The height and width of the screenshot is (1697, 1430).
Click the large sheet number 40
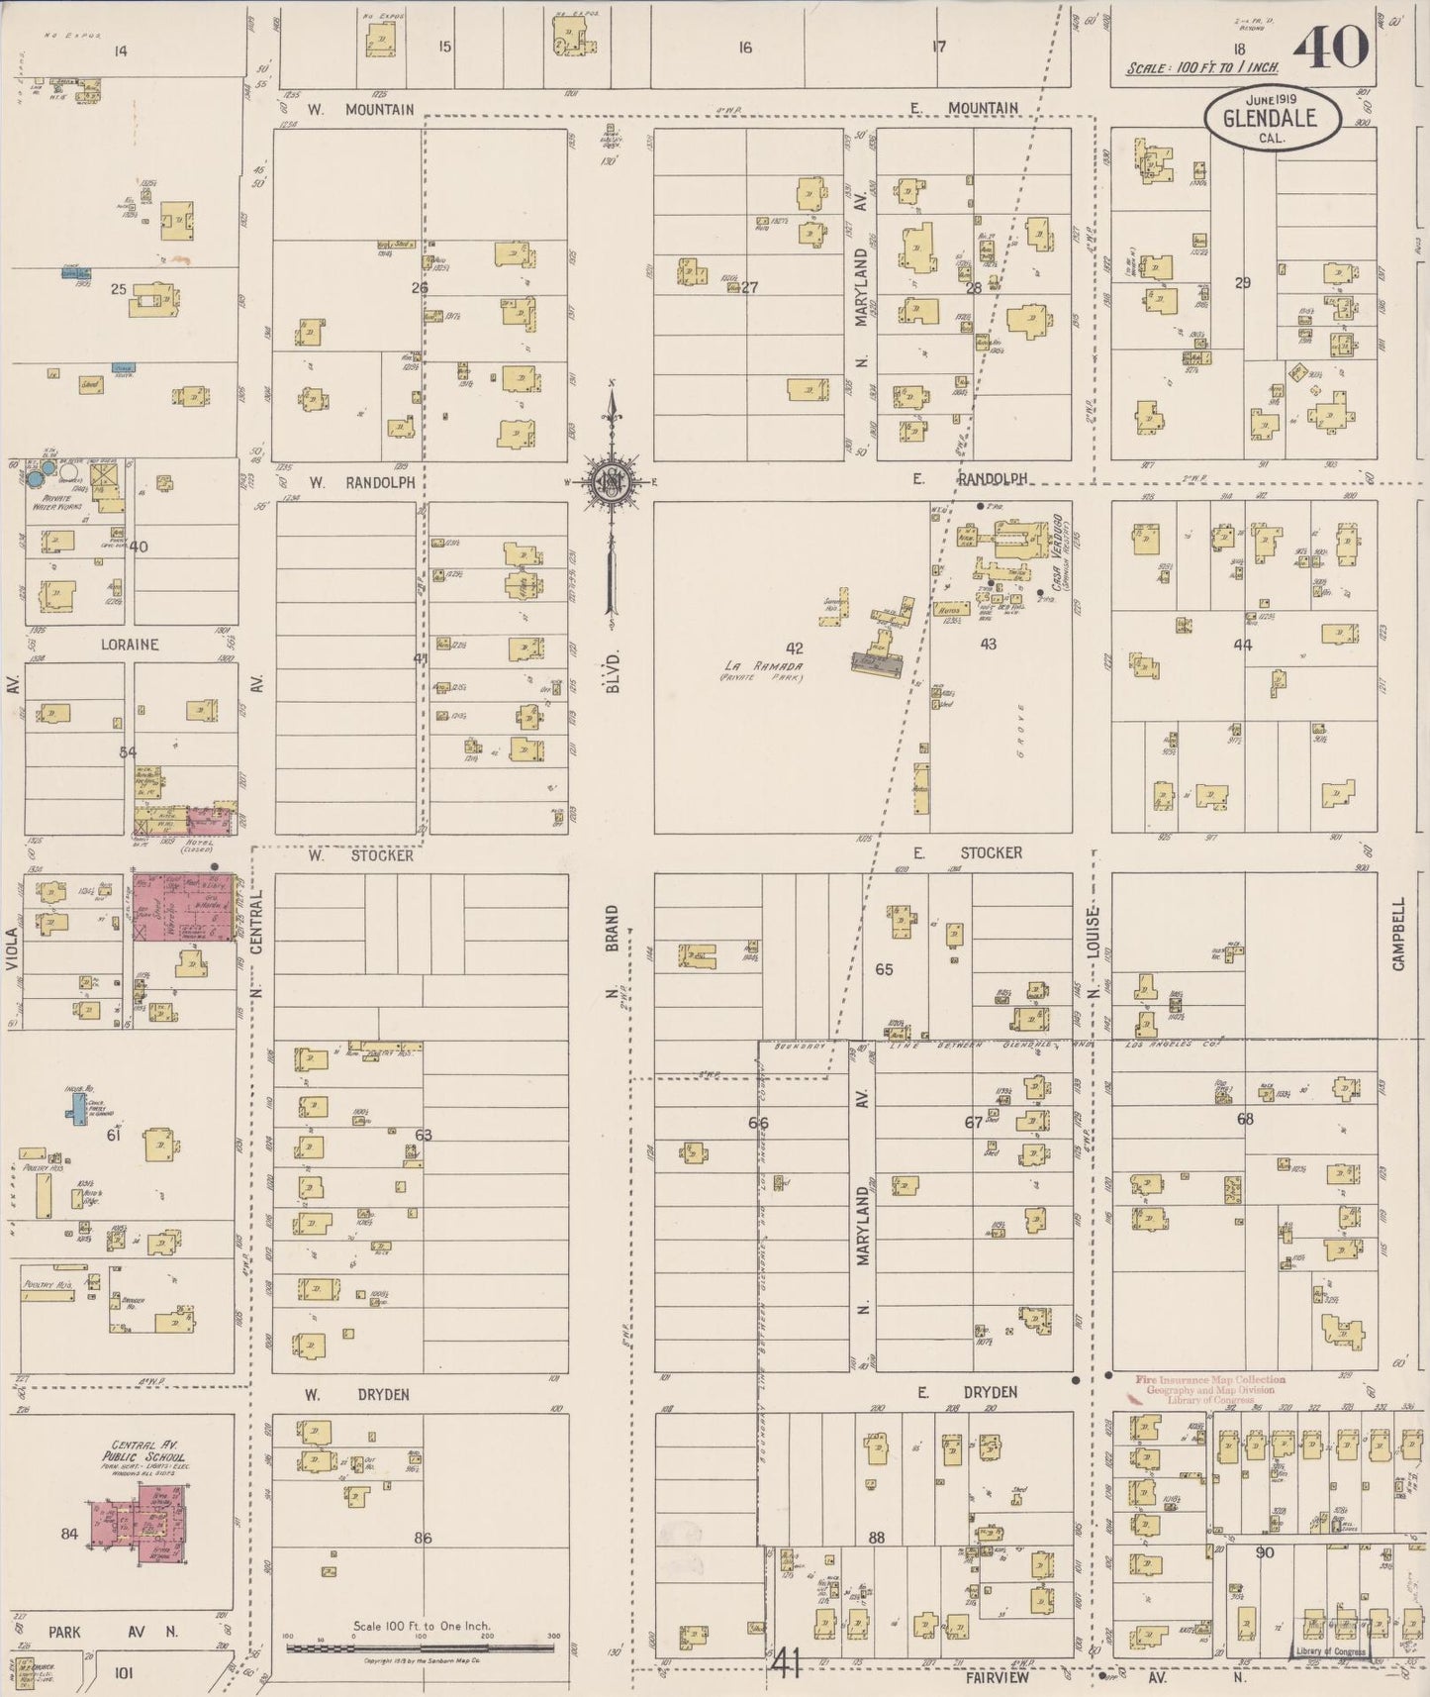[1331, 48]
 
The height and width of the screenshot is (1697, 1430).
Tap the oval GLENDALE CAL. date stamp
[1272, 119]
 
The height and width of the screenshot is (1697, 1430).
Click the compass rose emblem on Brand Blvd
[613, 482]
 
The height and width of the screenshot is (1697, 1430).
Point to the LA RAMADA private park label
[762, 671]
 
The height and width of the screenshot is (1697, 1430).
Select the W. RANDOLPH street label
[360, 483]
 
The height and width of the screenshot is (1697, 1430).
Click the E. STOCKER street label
[967, 852]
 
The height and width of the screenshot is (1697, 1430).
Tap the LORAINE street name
[130, 645]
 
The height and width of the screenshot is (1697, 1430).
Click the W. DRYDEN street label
[356, 1395]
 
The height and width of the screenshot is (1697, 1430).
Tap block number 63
[424, 1135]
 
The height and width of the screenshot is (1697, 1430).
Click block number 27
[749, 287]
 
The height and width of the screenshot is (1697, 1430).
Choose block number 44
[1242, 645]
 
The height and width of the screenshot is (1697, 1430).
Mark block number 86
[423, 1538]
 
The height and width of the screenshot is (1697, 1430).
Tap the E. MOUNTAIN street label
[967, 108]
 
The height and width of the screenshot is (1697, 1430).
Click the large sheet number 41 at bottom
[787, 1665]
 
